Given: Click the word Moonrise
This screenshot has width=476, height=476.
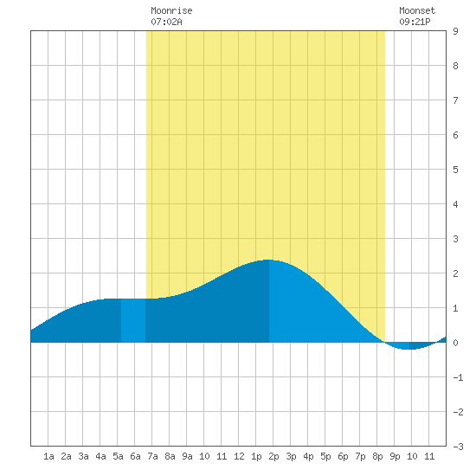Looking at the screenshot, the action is click(171, 11).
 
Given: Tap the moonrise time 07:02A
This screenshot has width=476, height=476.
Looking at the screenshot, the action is click(166, 22).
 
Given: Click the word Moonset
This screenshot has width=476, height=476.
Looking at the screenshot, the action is click(417, 11).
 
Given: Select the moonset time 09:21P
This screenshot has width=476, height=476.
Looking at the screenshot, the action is click(415, 22).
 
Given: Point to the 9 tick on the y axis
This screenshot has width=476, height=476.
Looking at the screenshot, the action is click(455, 31).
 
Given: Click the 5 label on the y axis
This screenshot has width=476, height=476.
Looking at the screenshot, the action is click(455, 170).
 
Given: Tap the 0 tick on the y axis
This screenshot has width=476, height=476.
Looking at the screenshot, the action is click(455, 343).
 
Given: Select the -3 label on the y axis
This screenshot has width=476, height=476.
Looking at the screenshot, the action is click(458, 447).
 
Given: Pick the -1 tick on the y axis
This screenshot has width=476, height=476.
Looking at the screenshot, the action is click(458, 377).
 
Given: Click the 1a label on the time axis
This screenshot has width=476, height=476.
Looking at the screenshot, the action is click(48, 456).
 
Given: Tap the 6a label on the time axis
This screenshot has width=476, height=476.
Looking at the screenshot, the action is click(135, 456).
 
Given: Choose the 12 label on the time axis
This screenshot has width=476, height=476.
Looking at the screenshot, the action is click(239, 456).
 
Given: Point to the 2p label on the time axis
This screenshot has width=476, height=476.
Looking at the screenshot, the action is click(273, 456).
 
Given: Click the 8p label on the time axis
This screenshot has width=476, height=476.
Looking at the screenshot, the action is click(377, 456).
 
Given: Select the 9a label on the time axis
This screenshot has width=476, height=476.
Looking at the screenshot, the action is click(187, 456).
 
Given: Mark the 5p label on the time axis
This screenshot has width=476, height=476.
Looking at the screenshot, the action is click(325, 456).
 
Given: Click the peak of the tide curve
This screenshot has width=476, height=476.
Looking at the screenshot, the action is click(268, 261).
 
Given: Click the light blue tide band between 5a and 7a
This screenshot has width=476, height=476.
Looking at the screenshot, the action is click(133, 320).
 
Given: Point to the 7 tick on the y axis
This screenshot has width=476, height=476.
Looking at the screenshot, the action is click(455, 100).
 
